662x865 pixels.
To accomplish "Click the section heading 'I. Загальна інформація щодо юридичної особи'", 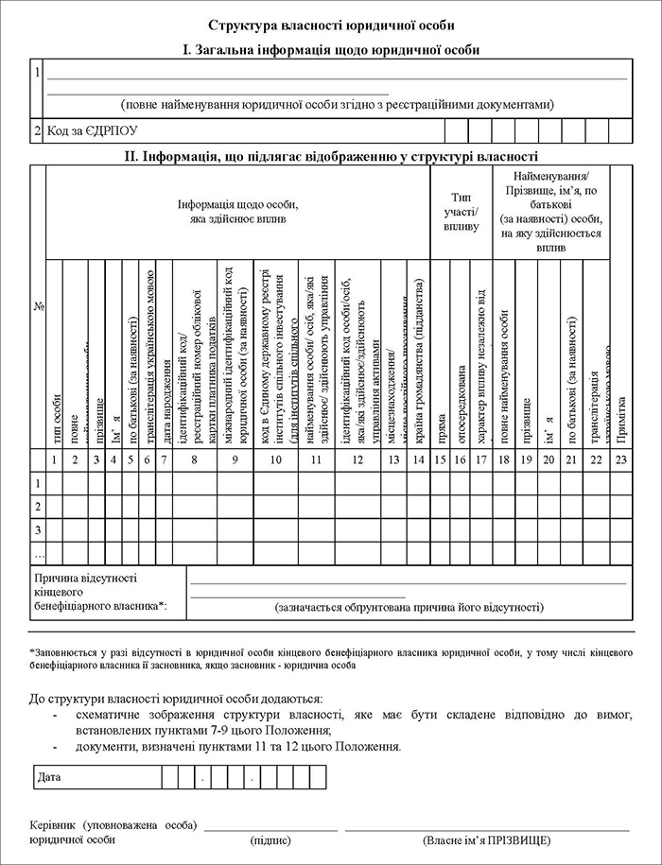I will tap(331, 48).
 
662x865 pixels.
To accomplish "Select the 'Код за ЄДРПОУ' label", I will tap(86, 130).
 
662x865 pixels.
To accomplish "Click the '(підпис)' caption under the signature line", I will tap(270, 839).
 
